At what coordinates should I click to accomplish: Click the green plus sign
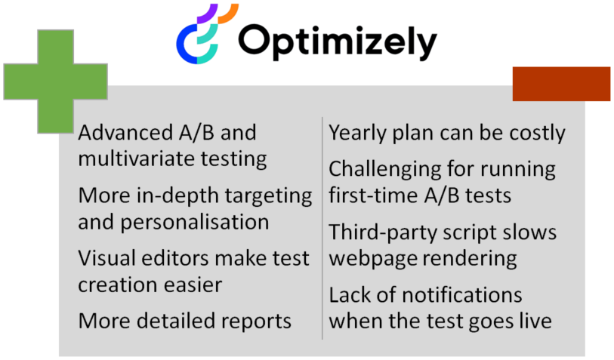pos(55,82)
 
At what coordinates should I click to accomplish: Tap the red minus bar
pos(561,84)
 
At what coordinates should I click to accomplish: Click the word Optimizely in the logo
pos(338,42)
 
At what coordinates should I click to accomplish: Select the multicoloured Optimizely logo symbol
pos(207,34)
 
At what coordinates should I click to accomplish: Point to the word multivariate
pos(136,159)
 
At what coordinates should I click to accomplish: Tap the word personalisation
pos(195,223)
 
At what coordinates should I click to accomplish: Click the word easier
pos(193,285)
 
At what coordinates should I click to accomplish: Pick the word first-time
pos(374,195)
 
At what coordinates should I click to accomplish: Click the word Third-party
pos(383,232)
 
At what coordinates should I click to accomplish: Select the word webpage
pos(373,259)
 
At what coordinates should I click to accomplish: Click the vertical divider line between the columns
pos(322,228)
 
